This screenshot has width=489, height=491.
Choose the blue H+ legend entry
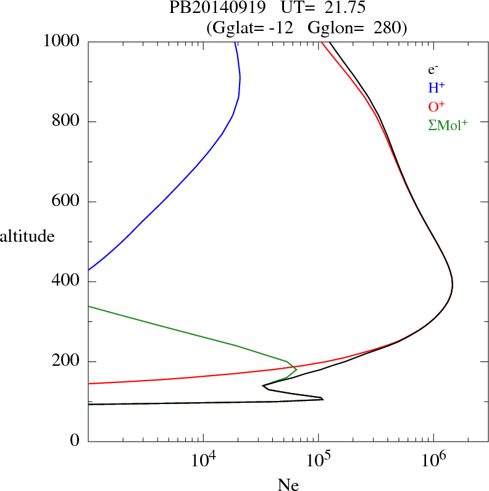437,88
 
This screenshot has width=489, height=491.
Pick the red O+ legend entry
437,106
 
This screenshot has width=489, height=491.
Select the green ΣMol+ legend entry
448,125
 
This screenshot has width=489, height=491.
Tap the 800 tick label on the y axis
67,122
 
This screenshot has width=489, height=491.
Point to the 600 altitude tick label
67,202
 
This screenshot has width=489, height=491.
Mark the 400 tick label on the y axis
67,282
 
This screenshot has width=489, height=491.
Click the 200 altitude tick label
67,361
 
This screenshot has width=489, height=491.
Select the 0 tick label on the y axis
76,442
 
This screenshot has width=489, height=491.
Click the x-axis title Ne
288,485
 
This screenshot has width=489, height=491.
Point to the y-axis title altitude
27,236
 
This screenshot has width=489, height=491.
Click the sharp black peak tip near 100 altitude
323,399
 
